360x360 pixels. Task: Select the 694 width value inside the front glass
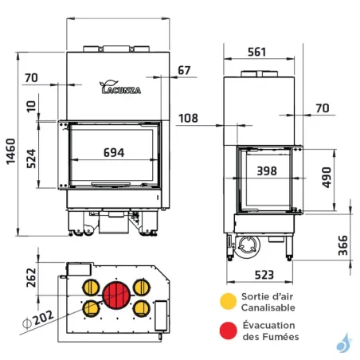tap(112, 155)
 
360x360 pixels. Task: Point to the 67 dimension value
tap(184, 71)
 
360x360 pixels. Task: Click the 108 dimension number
tap(187, 119)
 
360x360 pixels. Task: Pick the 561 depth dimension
tap(256, 53)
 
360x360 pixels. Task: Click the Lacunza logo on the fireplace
tap(119, 88)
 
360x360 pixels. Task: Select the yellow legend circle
tap(229, 301)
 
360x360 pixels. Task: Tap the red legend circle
tap(229, 331)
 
